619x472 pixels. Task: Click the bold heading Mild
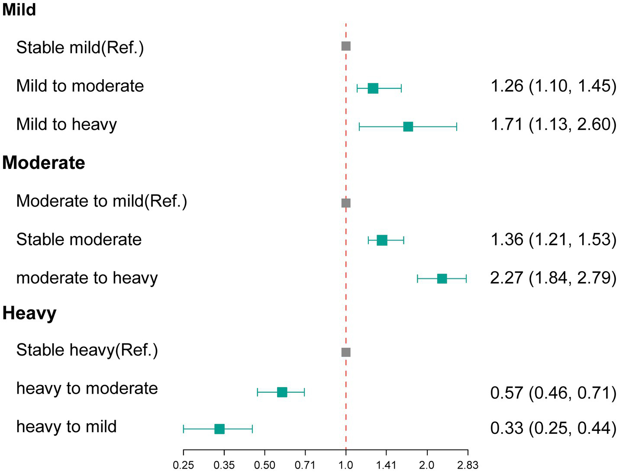(x=19, y=9)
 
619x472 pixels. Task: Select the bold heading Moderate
(x=44, y=163)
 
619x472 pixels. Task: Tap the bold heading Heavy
(x=29, y=313)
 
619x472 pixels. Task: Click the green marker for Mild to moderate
(x=373, y=88)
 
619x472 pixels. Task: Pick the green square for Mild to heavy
(x=408, y=126)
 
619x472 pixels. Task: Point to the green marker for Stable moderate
(x=382, y=240)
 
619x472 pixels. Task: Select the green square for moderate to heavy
(x=442, y=278)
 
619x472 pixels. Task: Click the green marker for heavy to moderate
(x=282, y=392)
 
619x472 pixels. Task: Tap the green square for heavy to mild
(x=219, y=429)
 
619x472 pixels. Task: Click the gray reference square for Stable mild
(x=346, y=46)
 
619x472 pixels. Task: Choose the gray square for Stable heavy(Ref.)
(x=346, y=352)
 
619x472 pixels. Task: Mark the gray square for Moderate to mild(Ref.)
(x=346, y=203)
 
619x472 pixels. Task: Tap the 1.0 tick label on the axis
(x=346, y=466)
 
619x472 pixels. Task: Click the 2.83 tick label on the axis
(x=467, y=466)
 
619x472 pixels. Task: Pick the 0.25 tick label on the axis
(x=184, y=466)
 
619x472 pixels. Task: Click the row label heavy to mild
(x=66, y=427)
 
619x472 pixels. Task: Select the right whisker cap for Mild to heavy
(x=457, y=126)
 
